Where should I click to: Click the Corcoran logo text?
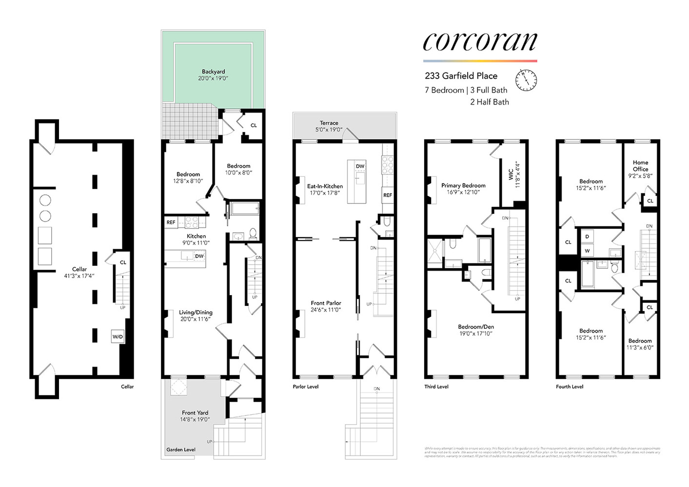click(x=480, y=42)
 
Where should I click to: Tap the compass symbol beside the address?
click(x=526, y=80)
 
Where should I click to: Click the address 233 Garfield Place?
click(x=461, y=76)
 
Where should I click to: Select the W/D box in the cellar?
click(x=118, y=337)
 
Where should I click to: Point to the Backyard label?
click(x=213, y=72)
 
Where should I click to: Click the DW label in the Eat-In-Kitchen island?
click(x=360, y=167)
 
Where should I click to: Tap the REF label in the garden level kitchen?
click(x=171, y=223)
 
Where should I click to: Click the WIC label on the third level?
click(x=511, y=175)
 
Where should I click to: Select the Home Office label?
click(x=640, y=166)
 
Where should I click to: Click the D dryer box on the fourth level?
click(x=587, y=237)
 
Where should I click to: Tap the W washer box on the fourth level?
click(x=587, y=251)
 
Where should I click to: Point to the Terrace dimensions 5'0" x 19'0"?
click(x=329, y=130)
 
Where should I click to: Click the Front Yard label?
click(x=195, y=412)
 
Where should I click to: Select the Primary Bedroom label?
click(x=463, y=186)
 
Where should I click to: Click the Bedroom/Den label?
click(x=476, y=327)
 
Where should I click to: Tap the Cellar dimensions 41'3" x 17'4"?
click(x=79, y=276)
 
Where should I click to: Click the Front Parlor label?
click(x=326, y=303)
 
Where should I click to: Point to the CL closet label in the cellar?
click(x=123, y=262)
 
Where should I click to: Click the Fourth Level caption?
click(x=570, y=387)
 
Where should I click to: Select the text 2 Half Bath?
click(x=489, y=102)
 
